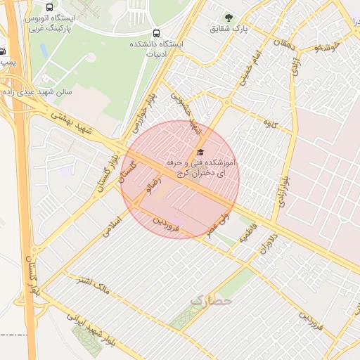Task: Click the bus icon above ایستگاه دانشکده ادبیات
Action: tap(155, 33)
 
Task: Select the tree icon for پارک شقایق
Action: tap(228, 17)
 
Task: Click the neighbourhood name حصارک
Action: tap(210, 302)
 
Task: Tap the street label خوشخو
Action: tap(328, 47)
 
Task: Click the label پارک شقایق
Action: tap(228, 30)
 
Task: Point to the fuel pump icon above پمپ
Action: tap(3, 51)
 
